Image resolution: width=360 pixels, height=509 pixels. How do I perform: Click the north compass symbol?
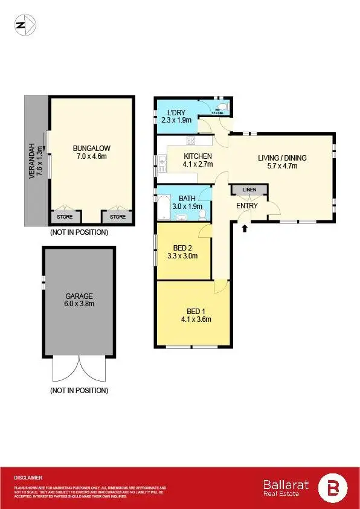tap(25, 25)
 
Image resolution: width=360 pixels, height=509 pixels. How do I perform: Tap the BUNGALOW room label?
tap(91, 148)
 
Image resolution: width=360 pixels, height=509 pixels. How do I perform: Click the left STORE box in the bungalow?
tap(65, 217)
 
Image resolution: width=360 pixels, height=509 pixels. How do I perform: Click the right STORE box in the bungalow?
tap(118, 217)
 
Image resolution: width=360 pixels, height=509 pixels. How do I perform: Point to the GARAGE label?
tap(79, 296)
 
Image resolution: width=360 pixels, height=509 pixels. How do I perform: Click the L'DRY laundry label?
tap(176, 112)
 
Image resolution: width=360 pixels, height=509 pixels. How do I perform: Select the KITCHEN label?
tap(198, 156)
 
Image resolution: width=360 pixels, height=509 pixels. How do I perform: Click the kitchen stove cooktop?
tap(191, 141)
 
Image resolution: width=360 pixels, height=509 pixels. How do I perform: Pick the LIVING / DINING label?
tap(282, 158)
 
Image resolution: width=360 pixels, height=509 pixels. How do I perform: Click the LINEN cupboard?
tap(249, 190)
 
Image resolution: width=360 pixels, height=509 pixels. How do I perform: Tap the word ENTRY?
tap(247, 206)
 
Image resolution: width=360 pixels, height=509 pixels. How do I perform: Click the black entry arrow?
tap(245, 228)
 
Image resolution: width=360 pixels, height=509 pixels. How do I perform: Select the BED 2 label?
tap(182, 248)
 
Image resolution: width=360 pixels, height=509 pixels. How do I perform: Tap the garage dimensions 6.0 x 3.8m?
tap(79, 304)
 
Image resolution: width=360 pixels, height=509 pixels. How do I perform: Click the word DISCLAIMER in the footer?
tap(28, 478)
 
